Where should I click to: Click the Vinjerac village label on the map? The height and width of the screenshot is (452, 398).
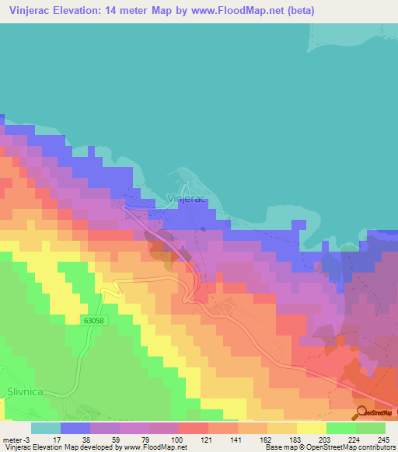(186, 199)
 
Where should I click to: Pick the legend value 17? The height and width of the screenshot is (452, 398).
(46, 440)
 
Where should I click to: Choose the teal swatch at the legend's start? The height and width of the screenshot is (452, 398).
(46, 428)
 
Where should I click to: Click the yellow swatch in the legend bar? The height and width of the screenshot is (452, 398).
(312, 428)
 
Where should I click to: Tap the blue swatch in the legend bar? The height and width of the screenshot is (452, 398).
(75, 428)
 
